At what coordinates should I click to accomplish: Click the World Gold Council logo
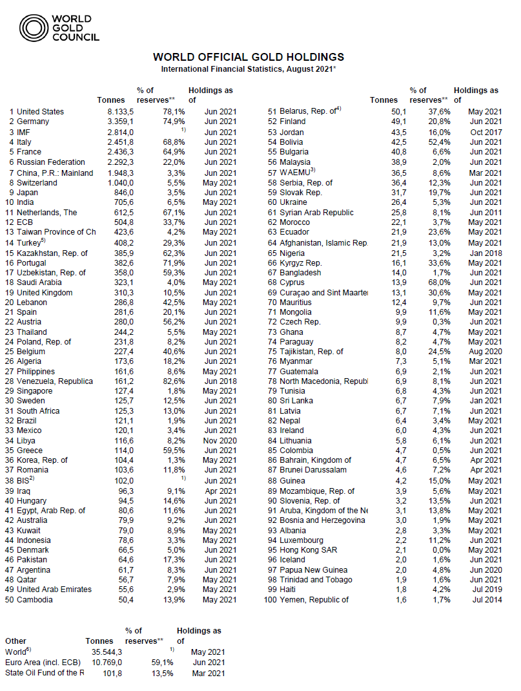pos(59,28)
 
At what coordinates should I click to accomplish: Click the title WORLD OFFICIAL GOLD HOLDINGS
pos(249,57)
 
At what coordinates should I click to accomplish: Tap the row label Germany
pos(33,122)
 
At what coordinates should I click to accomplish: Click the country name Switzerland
pos(37,182)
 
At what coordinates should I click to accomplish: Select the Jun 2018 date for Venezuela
pos(221,382)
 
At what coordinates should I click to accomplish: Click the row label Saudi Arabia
pos(39,282)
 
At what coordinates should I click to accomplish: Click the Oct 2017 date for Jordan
pos(485,132)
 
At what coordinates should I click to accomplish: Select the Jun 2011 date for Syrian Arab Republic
pos(485,212)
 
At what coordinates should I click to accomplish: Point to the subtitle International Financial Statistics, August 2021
pos(249,69)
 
